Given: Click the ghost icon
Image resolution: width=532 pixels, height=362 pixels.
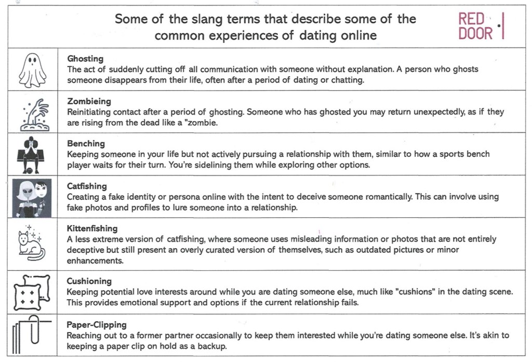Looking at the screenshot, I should point(32,69).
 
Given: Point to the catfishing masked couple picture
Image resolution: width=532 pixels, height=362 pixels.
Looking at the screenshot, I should point(32,198).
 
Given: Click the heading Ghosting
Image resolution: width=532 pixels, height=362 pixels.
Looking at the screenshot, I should point(85,59).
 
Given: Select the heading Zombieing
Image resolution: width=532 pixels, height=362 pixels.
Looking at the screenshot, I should point(89,101).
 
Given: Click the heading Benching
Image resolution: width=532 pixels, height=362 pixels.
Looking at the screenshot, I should point(86,143).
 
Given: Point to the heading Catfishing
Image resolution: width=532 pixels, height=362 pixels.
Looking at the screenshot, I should point(87,186).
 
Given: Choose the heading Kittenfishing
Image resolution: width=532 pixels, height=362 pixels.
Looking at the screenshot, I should point(92,228).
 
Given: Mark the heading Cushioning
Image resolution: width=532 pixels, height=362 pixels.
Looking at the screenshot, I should point(89,281).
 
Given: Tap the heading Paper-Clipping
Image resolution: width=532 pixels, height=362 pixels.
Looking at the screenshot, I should point(96,325).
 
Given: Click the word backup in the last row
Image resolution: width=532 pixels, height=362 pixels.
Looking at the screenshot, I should point(213,346).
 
